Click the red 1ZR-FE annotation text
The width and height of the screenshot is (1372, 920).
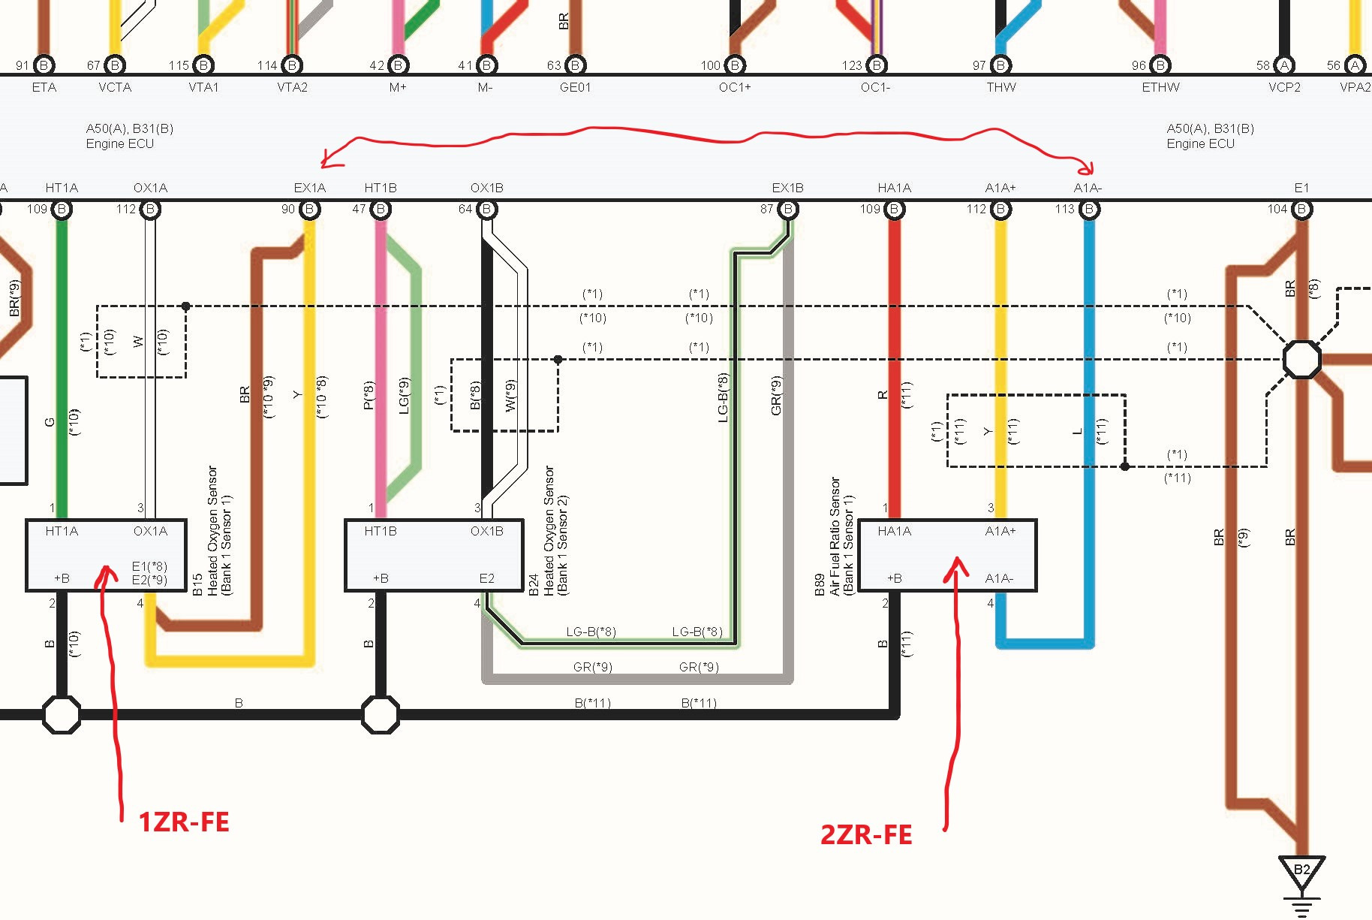tap(184, 822)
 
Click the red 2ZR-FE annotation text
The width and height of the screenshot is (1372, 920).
tap(866, 834)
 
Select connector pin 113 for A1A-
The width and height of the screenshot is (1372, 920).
tap(1089, 210)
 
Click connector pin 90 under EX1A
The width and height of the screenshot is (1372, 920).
tap(309, 210)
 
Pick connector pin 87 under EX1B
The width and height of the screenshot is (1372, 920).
tap(788, 210)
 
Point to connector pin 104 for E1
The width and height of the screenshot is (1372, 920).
tap(1301, 210)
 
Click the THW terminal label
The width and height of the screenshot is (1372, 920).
tap(1001, 87)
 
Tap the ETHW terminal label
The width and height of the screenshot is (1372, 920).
tap(1160, 87)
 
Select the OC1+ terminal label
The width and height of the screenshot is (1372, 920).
tap(735, 87)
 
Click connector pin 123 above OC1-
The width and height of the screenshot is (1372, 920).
tap(877, 65)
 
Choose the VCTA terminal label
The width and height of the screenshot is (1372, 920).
tap(115, 87)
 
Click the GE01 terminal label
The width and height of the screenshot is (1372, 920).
tap(575, 87)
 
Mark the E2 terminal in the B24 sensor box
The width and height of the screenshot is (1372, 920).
tap(487, 578)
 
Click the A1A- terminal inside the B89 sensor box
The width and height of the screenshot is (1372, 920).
tap(999, 578)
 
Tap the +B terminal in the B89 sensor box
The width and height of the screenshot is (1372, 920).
tap(894, 578)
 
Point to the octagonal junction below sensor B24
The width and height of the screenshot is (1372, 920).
tap(381, 714)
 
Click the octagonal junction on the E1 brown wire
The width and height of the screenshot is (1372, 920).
tap(1301, 359)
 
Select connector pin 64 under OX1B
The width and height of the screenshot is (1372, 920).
tap(486, 210)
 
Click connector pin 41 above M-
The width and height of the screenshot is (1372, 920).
tap(486, 65)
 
